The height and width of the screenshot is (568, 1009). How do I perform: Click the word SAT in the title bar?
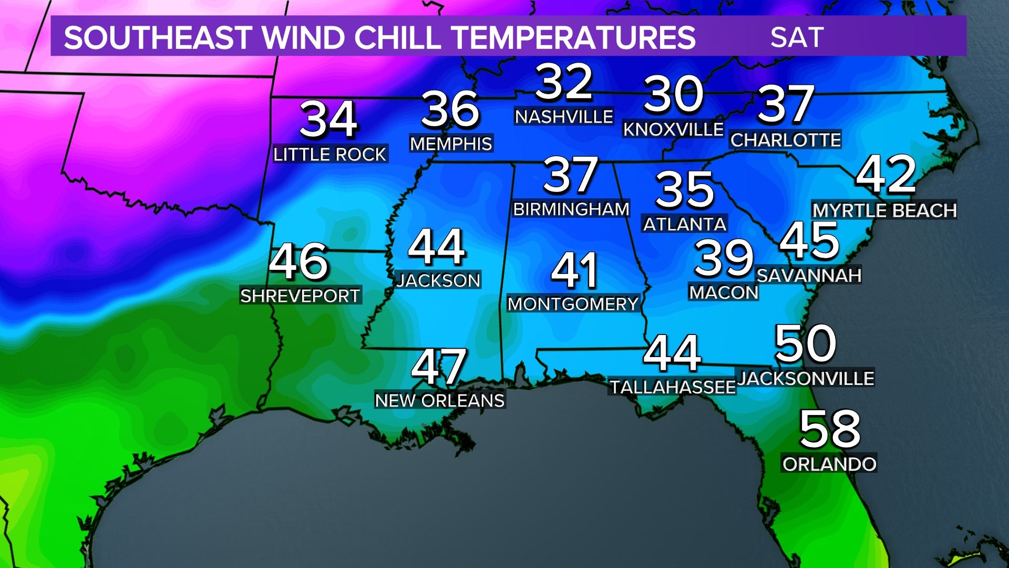[797, 37]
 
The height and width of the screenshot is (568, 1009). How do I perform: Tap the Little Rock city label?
[330, 154]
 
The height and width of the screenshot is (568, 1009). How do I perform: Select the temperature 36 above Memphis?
[450, 109]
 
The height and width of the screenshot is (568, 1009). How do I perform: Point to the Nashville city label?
[564, 116]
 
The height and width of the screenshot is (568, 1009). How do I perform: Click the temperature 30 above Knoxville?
[674, 95]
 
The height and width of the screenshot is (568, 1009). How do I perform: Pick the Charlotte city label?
[786, 140]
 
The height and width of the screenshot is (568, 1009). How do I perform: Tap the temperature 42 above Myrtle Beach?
[886, 174]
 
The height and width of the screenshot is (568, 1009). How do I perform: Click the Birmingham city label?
[571, 209]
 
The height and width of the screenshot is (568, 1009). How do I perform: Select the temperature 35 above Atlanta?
[685, 189]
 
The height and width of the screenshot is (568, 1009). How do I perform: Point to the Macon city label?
[724, 292]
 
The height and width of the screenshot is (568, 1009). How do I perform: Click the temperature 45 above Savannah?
[809, 241]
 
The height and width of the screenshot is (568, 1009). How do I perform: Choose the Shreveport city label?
[300, 296]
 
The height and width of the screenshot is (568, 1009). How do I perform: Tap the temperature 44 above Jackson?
[437, 247]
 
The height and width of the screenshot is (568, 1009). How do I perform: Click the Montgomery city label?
[573, 304]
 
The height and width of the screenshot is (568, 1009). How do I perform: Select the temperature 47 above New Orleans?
[439, 367]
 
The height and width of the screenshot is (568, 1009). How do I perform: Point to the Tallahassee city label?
[673, 387]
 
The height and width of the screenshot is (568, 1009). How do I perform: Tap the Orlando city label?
[829, 464]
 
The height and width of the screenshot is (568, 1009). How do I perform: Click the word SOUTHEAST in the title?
[158, 38]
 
